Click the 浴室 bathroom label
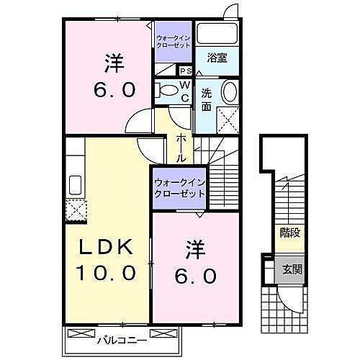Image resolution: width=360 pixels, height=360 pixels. pos(217,58)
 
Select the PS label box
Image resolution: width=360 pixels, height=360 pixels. pos(185,71)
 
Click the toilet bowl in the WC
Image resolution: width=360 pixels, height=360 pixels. pos(167,90)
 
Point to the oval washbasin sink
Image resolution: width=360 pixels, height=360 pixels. pos(229,92)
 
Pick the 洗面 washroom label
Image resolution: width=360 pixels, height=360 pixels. pos(206,99)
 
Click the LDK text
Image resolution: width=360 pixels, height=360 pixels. pos(106,247)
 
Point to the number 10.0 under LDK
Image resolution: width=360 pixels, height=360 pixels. pos(106,273)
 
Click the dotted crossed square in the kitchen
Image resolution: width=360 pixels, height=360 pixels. pos(75,210)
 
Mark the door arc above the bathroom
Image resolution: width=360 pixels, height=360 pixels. pos(230,11)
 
